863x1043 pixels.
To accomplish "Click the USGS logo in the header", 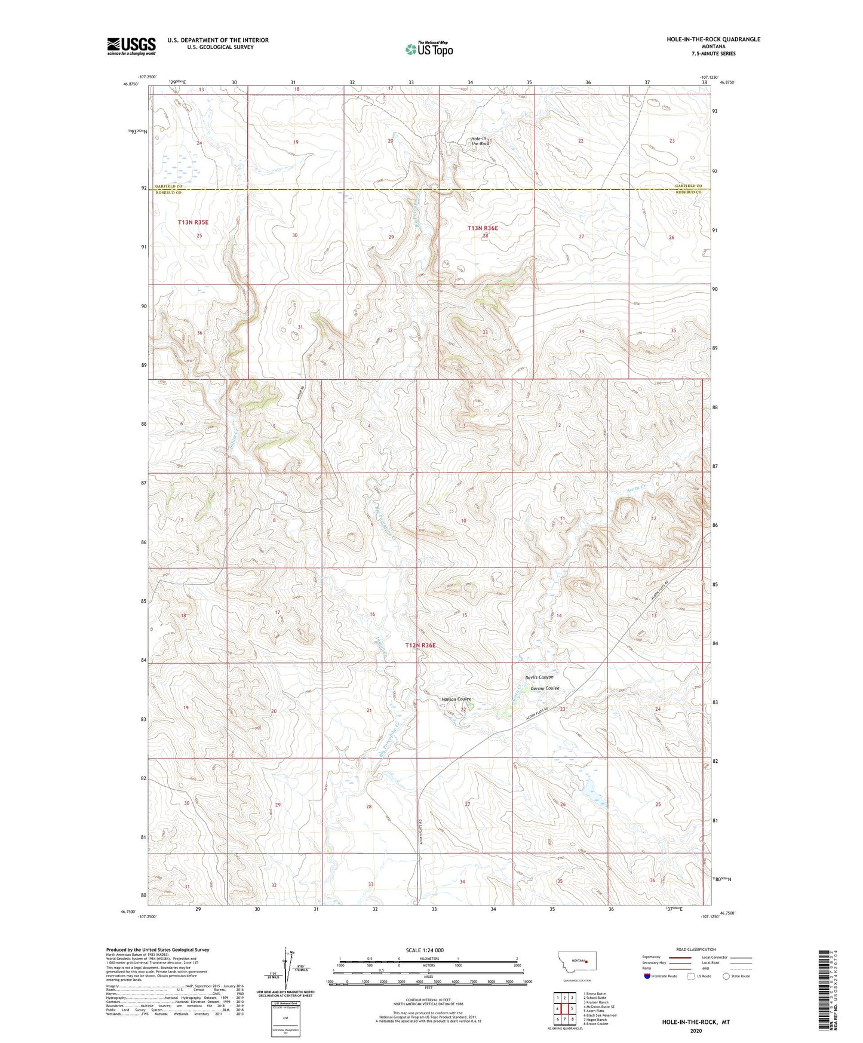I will coord(131,46).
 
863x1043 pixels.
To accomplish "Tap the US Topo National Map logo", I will coord(429,49).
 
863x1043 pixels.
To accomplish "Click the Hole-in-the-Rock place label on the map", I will coord(480,141).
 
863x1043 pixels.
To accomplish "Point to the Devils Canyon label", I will coord(539,677).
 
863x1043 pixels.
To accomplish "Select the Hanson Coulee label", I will coord(456,699).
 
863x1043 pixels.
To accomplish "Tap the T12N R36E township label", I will coord(420,645).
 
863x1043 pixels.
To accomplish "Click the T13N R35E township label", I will coord(193,222).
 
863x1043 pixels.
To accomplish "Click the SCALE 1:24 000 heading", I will coord(424,950).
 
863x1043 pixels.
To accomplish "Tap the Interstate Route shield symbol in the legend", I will coord(647,976).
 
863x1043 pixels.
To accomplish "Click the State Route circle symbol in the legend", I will coord(726,976).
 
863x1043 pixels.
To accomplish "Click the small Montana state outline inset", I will coord(576,964).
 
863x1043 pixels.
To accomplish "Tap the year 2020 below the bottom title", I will coord(696,1030).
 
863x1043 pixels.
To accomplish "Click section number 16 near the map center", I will coord(372,614).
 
